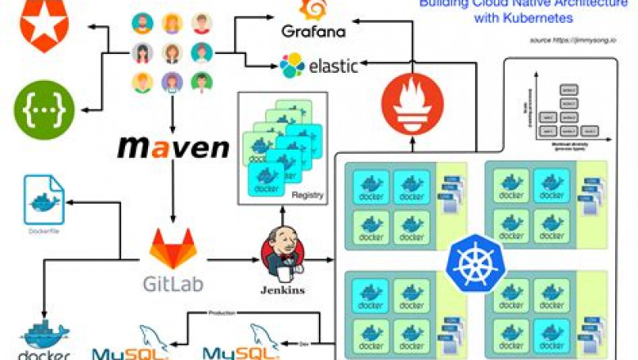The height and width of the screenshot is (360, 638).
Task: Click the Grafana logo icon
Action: [315, 10]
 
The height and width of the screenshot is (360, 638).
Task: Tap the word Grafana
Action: [313, 32]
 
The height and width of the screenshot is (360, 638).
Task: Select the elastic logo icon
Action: [292, 64]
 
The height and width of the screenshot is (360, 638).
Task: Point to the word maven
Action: [173, 148]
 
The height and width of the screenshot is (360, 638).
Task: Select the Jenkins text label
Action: [282, 290]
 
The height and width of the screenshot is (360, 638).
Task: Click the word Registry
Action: [308, 195]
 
